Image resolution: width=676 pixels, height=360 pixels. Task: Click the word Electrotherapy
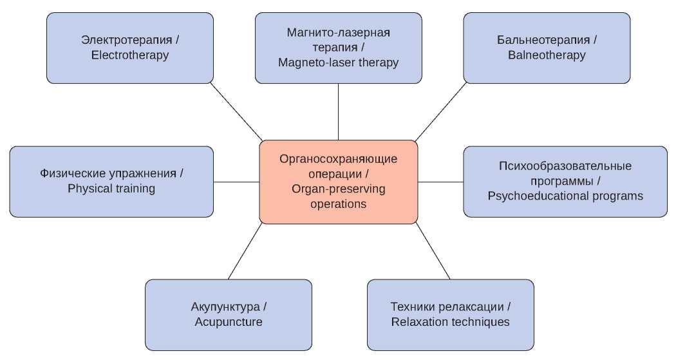click(x=130, y=55)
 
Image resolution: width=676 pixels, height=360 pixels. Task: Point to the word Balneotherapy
click(x=547, y=55)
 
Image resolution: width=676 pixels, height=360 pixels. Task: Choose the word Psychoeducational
click(x=534, y=196)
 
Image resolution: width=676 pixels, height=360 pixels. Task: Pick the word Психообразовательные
click(x=565, y=166)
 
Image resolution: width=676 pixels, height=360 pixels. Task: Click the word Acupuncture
click(x=229, y=322)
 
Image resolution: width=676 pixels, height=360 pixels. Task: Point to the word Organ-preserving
click(x=338, y=190)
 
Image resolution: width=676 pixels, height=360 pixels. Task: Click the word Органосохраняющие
click(x=339, y=159)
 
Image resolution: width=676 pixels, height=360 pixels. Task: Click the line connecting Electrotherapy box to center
click(x=237, y=112)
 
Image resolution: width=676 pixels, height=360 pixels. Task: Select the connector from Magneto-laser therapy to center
click(x=339, y=111)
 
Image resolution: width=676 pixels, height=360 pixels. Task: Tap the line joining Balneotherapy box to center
click(x=441, y=112)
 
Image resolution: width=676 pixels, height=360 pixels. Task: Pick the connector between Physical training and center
click(x=236, y=182)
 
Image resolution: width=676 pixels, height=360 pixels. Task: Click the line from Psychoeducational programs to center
click(x=441, y=182)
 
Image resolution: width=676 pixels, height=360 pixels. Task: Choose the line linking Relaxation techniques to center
click(x=433, y=251)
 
